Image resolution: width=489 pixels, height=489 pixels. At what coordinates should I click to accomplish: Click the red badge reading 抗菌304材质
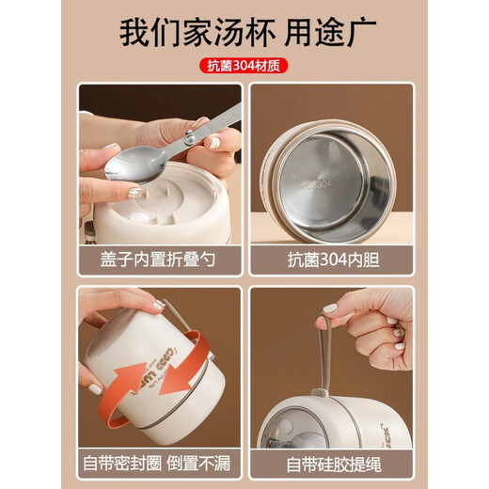244,66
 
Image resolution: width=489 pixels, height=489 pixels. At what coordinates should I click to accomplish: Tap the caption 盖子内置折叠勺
160,260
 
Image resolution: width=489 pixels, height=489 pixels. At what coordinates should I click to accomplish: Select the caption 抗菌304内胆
331,260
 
